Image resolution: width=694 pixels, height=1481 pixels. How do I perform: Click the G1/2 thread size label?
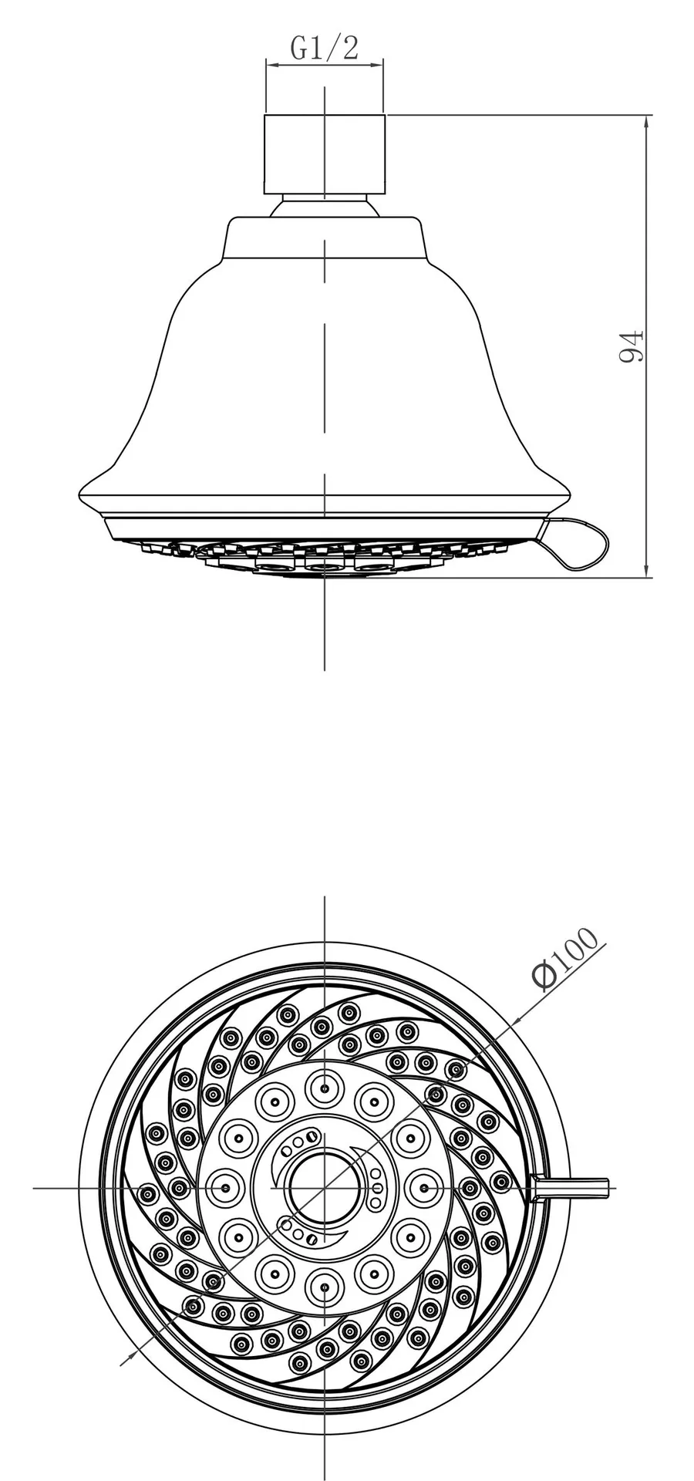pyautogui.click(x=324, y=49)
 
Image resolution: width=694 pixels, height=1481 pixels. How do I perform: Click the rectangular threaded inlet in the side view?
pyautogui.click(x=324, y=154)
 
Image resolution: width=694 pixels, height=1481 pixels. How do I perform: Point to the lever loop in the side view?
pyautogui.click(x=578, y=544)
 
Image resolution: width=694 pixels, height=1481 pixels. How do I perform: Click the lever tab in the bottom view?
pyautogui.click(x=571, y=1189)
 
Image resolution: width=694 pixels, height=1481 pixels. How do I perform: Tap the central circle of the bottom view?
pyautogui.click(x=325, y=1189)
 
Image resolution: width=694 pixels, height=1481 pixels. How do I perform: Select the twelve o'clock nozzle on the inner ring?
pyautogui.click(x=325, y=1088)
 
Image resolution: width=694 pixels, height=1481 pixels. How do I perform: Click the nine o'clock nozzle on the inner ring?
pyautogui.click(x=225, y=1189)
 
